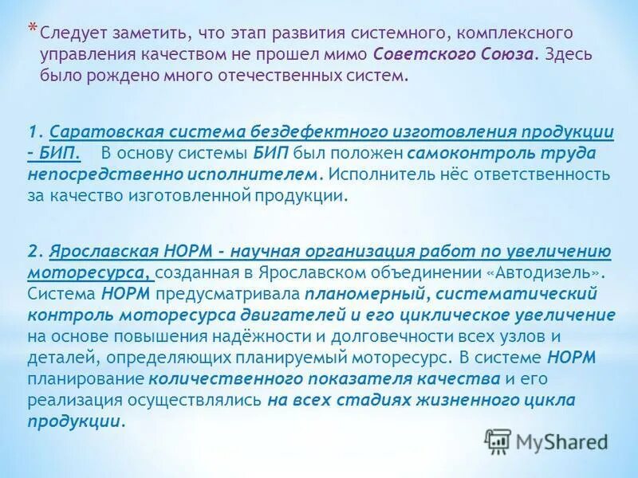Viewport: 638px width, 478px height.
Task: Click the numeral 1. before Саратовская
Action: [x=35, y=131]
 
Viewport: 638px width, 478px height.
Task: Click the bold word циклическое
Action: [x=476, y=315]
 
